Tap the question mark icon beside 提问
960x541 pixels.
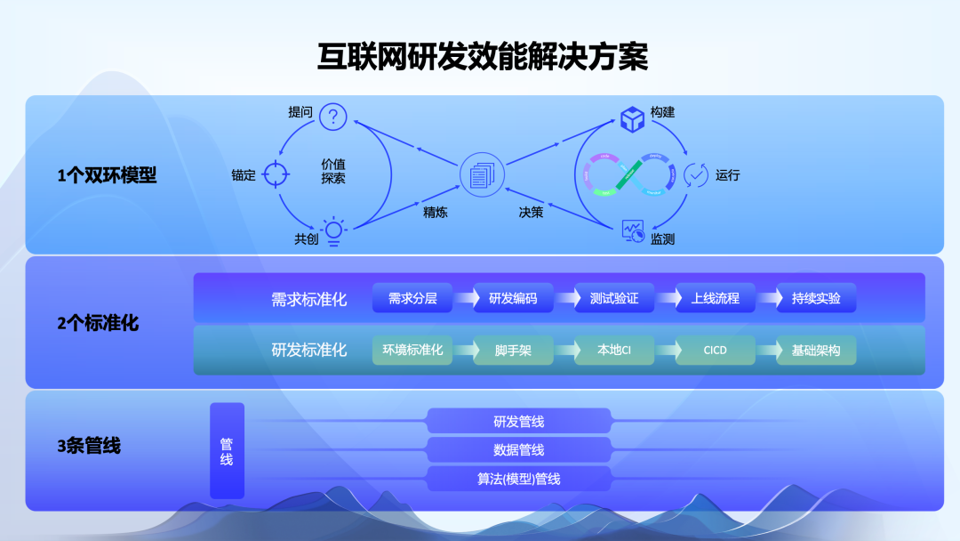point(333,116)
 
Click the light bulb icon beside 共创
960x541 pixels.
point(333,230)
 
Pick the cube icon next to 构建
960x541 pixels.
point(632,118)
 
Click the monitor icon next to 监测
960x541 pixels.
point(633,232)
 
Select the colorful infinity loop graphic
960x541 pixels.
point(631,174)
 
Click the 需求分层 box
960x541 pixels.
point(412,298)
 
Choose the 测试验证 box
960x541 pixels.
point(614,298)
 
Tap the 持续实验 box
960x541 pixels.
point(816,298)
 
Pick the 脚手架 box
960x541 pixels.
point(513,350)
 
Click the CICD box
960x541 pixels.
point(715,350)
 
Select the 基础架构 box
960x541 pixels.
point(816,350)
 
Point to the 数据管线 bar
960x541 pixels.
point(519,449)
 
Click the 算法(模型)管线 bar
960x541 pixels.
point(519,479)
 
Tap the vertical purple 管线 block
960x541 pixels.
point(227,451)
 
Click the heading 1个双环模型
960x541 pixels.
point(107,175)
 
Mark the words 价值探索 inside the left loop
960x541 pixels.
point(333,171)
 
